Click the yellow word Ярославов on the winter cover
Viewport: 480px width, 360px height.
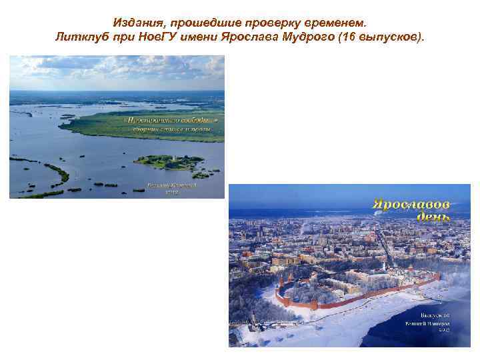pos(410,204)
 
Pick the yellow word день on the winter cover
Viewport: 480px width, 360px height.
pos(433,217)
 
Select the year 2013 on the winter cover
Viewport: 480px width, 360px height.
pos(443,329)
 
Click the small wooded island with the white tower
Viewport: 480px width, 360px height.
pos(169,161)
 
